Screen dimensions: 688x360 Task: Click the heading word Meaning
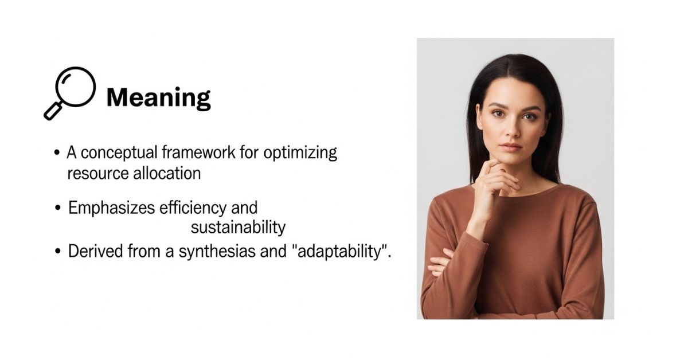tap(158, 98)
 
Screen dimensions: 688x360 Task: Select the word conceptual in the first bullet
tap(119, 153)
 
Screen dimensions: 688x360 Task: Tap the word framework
tap(199, 152)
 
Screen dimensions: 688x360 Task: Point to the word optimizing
tap(300, 153)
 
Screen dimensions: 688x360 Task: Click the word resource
tap(98, 174)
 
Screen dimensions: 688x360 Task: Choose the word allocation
tap(167, 173)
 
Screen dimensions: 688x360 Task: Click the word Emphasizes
tap(111, 208)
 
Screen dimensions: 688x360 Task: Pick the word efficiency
tap(193, 208)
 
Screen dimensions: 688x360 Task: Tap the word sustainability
tap(238, 228)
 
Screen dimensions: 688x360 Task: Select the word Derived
tap(95, 251)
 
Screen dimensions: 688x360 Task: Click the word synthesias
tap(217, 252)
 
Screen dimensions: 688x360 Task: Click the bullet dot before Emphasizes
tap(58, 208)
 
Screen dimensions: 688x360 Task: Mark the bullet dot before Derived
tap(58, 251)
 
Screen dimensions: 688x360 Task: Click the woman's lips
tap(510, 147)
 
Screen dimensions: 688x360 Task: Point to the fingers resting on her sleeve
tap(440, 263)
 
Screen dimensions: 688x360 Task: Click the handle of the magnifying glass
tap(53, 111)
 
